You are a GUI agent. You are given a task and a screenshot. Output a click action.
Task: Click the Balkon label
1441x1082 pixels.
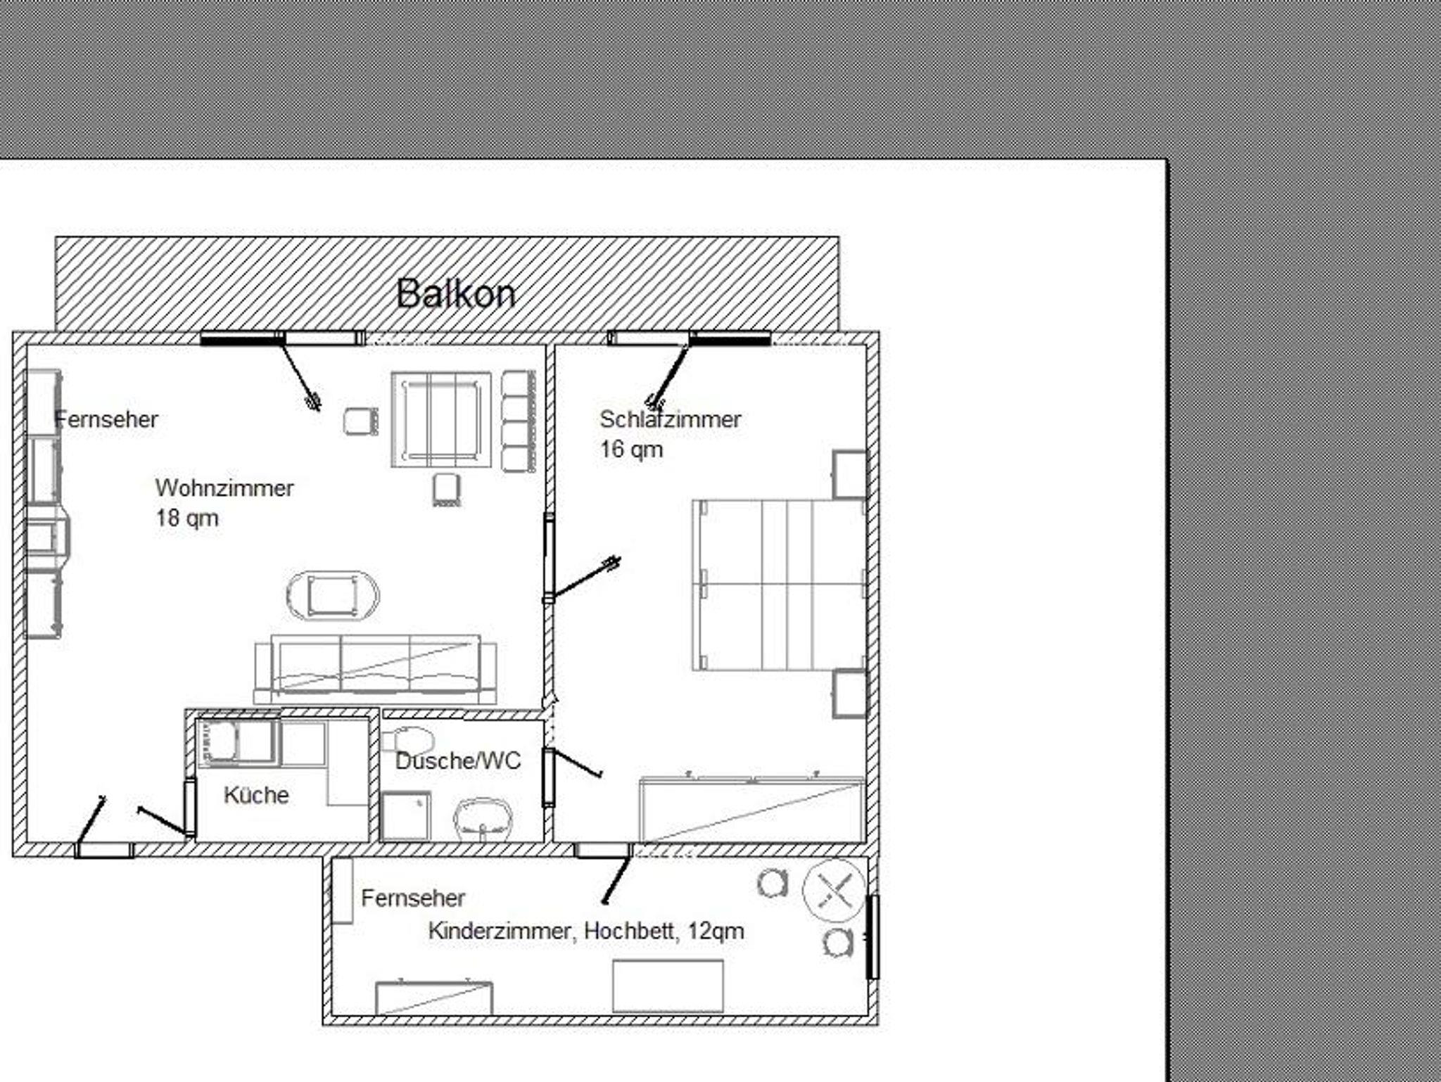coord(456,293)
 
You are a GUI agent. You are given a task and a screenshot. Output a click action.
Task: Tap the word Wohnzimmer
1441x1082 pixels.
coord(224,488)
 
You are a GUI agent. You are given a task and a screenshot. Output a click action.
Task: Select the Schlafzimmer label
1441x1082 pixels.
coord(670,419)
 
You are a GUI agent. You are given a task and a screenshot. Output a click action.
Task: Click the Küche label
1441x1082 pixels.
coord(256,795)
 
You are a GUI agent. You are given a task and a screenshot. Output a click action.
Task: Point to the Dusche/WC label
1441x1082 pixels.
coord(458,760)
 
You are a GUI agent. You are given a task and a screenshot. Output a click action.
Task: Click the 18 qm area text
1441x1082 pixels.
coord(187,518)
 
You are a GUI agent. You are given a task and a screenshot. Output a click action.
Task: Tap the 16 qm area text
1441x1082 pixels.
coord(631,449)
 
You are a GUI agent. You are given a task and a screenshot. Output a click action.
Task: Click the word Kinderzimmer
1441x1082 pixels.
coord(501,931)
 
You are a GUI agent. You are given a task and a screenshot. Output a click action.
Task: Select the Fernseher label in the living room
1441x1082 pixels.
coord(106,419)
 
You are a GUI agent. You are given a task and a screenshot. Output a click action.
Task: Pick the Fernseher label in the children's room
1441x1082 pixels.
coord(413,898)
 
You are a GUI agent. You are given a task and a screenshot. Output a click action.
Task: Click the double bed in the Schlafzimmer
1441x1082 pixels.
coord(779,585)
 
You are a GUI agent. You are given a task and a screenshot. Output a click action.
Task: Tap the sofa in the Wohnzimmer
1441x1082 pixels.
coord(375,669)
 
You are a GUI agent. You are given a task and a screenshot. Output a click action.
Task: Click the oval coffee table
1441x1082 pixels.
coord(332,597)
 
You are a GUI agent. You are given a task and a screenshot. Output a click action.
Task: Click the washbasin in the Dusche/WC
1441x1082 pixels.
coord(483,819)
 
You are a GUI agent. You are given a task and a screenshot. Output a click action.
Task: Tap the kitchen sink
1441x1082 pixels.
coord(219,741)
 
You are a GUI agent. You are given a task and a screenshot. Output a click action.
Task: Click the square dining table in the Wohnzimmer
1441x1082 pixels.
coord(441,420)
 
